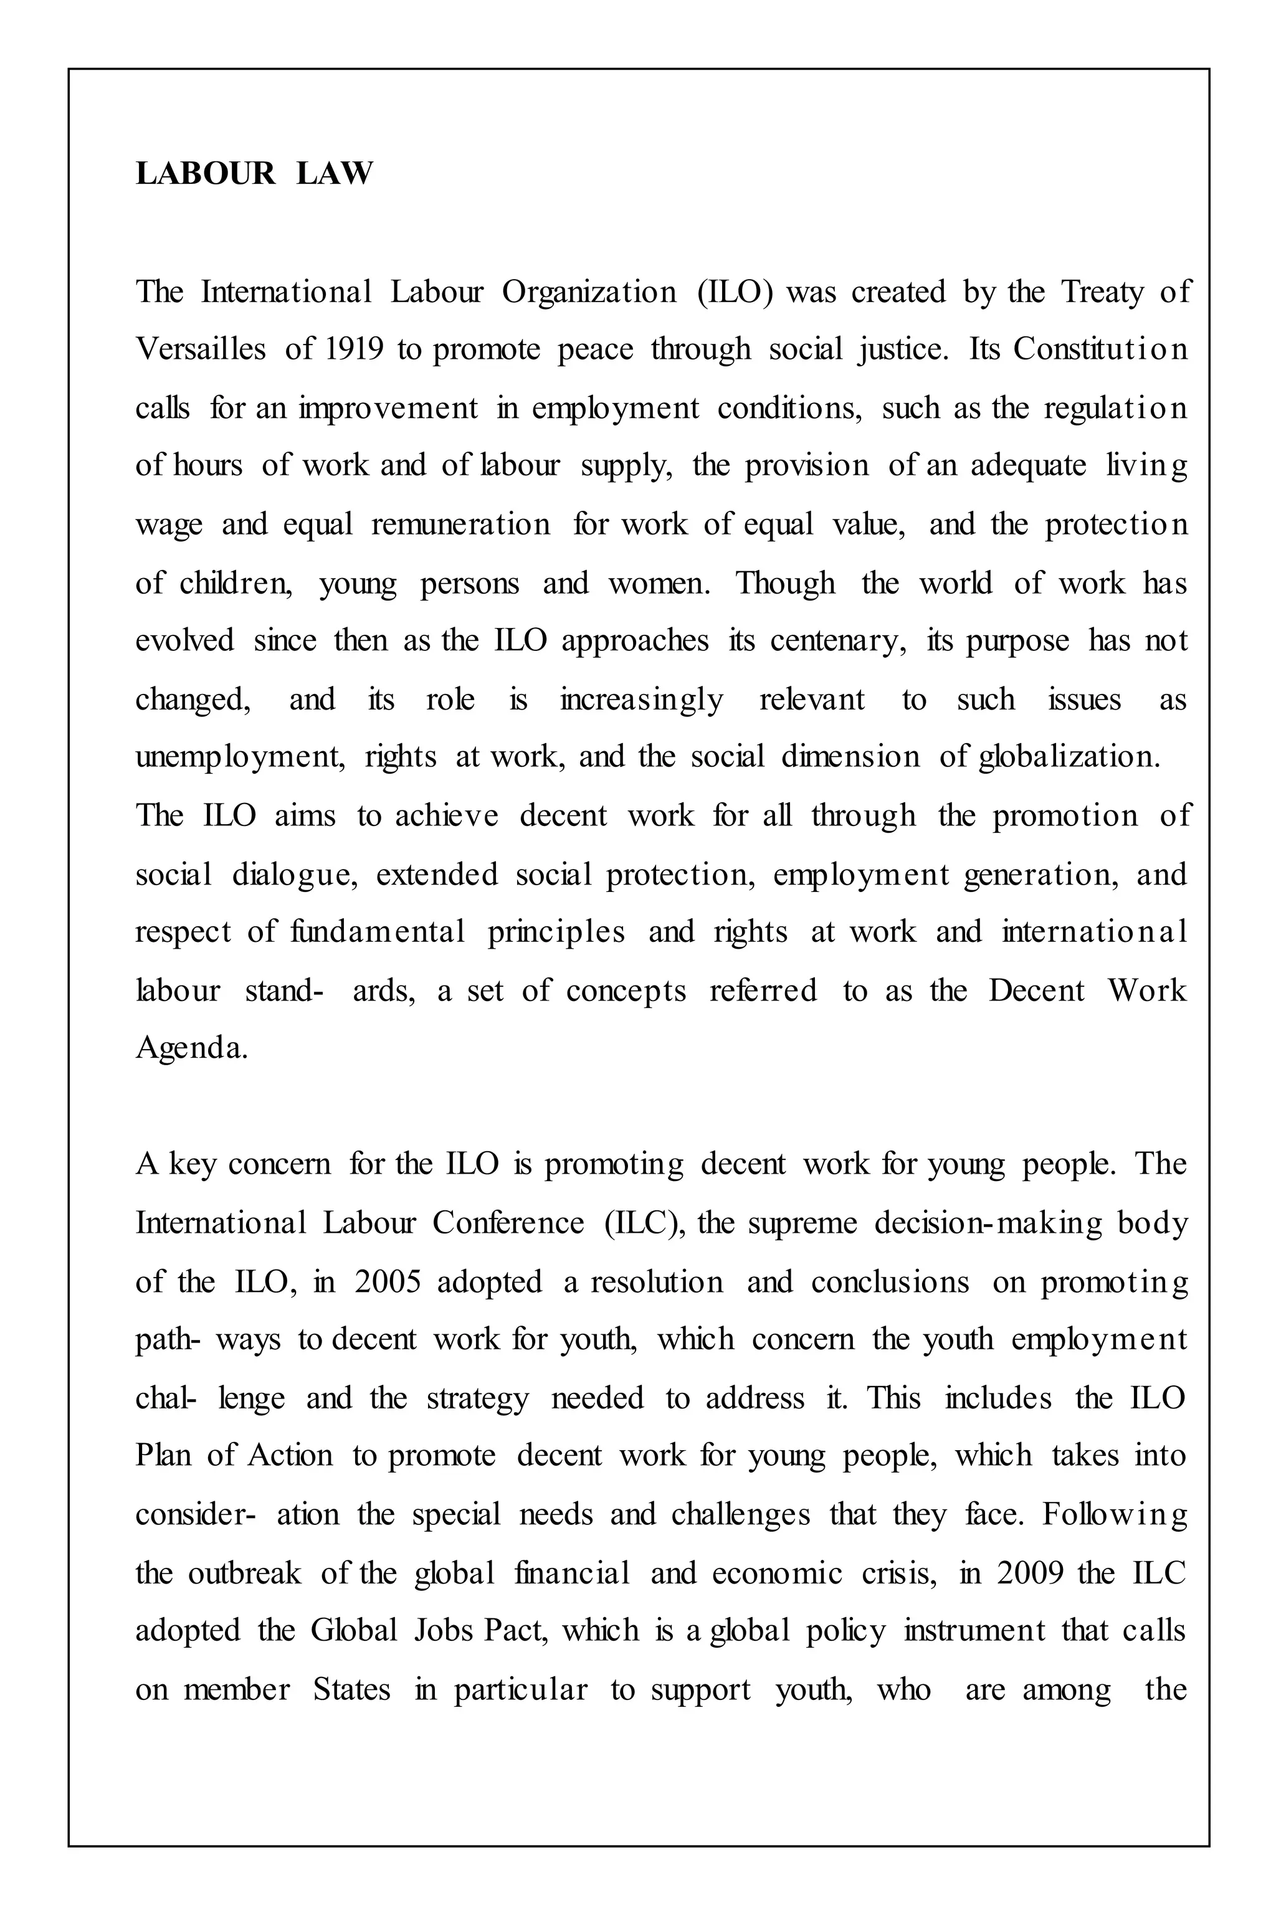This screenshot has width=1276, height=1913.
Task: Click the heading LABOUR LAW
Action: coord(254,173)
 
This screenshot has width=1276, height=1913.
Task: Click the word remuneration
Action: coord(460,525)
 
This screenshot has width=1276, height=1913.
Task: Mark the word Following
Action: coord(1114,1514)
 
